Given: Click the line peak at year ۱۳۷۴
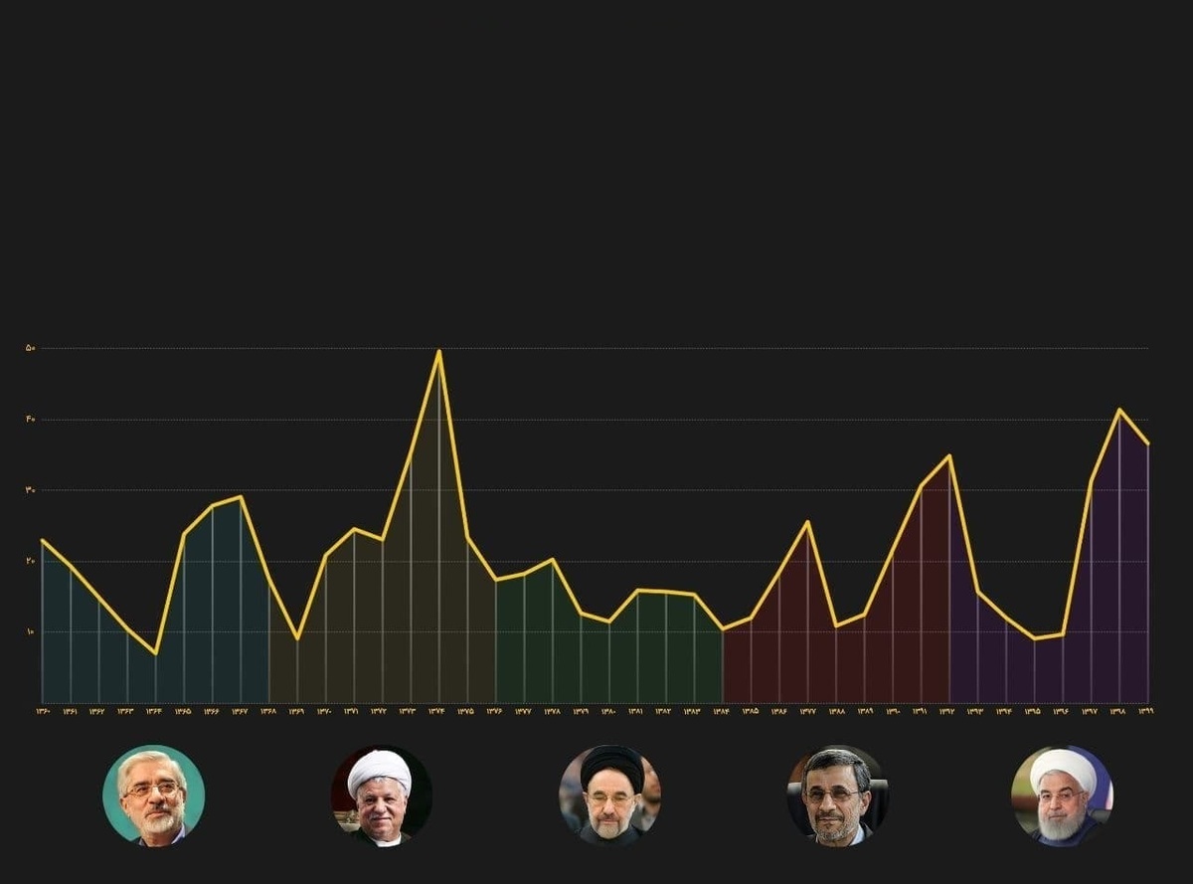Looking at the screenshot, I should coord(438,351).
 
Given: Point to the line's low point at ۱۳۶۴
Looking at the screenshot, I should coord(155,653).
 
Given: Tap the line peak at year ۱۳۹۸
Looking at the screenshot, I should coord(1119,410).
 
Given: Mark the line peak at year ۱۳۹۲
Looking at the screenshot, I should coord(949,456).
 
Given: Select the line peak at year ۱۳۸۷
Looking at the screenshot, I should coord(807,522).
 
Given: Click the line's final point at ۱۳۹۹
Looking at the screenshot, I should coord(1148,443).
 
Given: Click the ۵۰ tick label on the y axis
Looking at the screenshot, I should coord(31,348).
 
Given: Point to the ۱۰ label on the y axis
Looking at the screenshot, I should coord(31,632).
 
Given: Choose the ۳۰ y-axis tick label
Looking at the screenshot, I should coord(31,490).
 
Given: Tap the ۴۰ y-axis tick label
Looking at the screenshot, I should coord(31,420).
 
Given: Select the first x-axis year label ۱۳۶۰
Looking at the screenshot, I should coord(43,712).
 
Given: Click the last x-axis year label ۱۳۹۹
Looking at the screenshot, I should coord(1145,712).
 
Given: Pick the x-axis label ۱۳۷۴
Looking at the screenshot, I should coord(437,712).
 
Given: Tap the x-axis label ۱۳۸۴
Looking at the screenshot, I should coord(721,712).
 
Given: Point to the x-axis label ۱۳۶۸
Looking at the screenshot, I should coord(268,712).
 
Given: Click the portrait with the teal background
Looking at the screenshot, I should coord(153,796).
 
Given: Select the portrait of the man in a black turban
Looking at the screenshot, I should coord(608,796).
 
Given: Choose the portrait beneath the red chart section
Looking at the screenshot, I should coord(837,796).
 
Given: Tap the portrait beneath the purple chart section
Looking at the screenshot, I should coord(1062,796).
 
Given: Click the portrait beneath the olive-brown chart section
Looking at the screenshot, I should coord(381,796).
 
